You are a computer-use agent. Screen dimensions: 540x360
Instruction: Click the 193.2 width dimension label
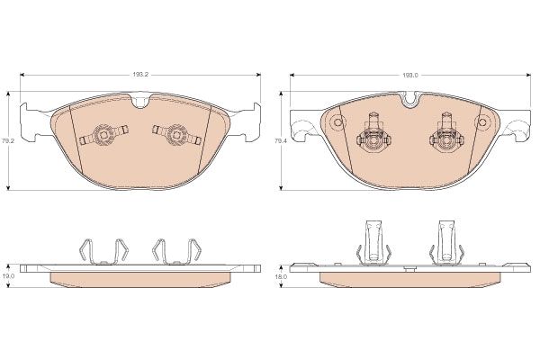click(140, 75)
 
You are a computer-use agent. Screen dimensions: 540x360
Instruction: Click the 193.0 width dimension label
click(410, 75)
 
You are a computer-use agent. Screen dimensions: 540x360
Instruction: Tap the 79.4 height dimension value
click(279, 140)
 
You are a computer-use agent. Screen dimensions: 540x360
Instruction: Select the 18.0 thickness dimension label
click(280, 276)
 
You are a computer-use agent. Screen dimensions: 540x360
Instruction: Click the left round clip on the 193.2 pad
click(103, 134)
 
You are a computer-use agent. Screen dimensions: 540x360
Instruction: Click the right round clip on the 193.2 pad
click(176, 134)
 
